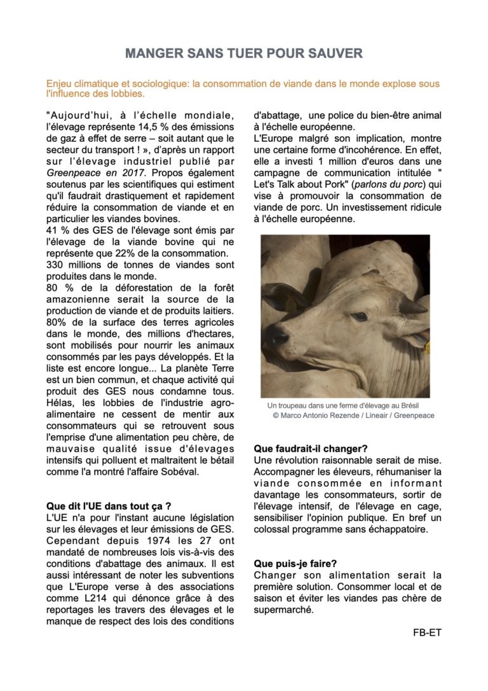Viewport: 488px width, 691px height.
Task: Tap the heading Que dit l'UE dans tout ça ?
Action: point(109,506)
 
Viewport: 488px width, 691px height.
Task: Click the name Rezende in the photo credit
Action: point(348,415)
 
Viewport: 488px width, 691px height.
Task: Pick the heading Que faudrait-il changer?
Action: point(310,449)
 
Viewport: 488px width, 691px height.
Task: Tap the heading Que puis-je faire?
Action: point(295,563)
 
